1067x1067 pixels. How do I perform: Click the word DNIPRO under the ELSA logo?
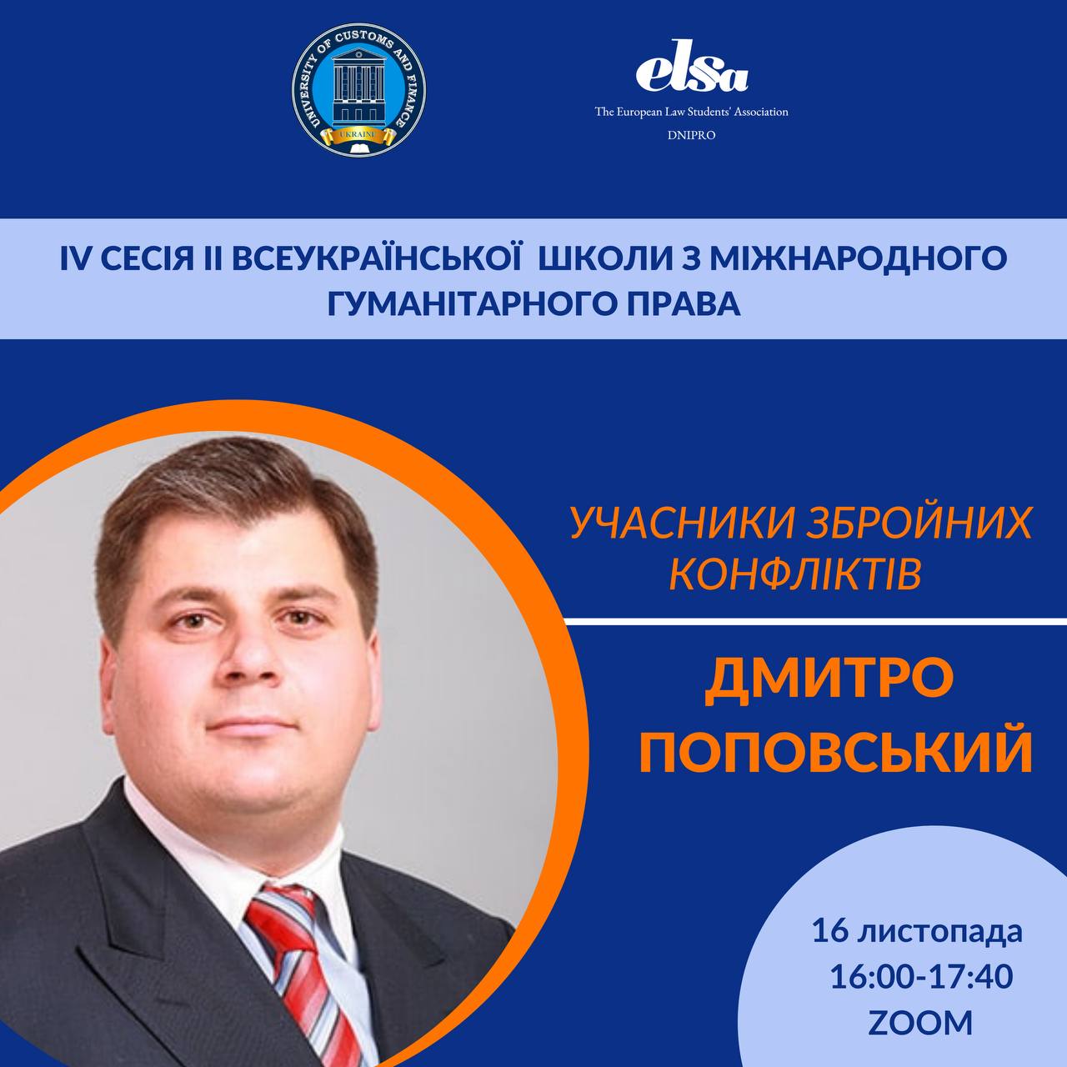[692, 135]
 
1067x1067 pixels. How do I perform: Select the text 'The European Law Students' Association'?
[692, 112]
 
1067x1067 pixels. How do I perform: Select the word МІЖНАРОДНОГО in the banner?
[858, 260]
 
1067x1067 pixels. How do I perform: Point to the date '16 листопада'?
[917, 931]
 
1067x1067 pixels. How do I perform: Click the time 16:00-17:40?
[921, 976]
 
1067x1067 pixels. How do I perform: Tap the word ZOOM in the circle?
[920, 1022]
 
